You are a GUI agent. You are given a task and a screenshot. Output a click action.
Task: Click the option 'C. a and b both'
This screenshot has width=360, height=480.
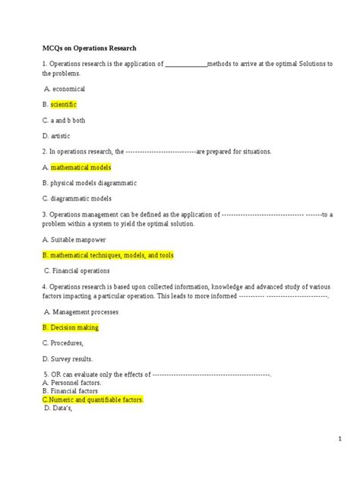pyautogui.click(x=65, y=119)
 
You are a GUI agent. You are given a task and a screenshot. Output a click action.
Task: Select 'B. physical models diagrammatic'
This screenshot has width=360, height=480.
pyautogui.click(x=90, y=183)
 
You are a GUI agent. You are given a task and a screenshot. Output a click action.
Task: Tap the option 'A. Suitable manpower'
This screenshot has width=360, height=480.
pyautogui.click(x=75, y=240)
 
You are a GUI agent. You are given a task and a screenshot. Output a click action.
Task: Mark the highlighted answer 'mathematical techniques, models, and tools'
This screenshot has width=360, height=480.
pyautogui.click(x=108, y=255)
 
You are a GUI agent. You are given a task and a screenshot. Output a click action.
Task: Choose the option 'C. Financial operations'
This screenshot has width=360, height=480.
pyautogui.click(x=77, y=270)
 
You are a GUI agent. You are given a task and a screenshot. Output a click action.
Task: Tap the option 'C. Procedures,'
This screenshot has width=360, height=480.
pyautogui.click(x=63, y=343)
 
